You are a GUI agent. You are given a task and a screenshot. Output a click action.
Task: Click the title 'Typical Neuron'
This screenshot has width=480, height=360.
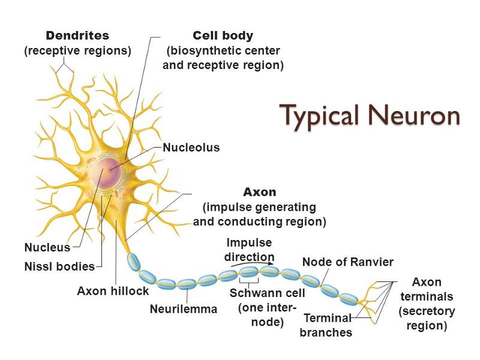(x=370, y=115)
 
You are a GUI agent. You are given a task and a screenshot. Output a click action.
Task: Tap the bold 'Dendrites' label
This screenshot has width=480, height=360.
(x=77, y=36)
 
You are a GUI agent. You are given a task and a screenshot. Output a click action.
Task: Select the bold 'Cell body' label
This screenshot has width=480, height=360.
(x=223, y=36)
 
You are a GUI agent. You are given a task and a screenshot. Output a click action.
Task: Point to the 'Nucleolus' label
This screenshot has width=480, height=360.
(x=191, y=147)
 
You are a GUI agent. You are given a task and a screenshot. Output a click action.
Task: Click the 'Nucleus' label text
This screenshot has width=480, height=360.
(x=47, y=247)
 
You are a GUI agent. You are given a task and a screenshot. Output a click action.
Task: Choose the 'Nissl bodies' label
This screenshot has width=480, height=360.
(x=59, y=266)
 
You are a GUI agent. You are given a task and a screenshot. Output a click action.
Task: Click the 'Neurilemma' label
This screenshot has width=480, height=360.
(x=184, y=310)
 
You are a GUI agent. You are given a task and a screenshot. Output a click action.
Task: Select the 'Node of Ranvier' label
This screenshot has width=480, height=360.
(x=348, y=262)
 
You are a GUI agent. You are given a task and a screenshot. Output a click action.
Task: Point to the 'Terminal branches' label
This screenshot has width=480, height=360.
(x=327, y=325)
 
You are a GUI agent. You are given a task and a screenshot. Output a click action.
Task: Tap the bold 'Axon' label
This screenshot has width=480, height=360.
(x=259, y=193)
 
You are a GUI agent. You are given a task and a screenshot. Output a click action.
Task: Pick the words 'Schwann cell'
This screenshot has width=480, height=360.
(x=268, y=293)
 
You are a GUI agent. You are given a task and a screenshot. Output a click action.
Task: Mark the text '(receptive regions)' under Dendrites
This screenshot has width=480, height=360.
(x=77, y=51)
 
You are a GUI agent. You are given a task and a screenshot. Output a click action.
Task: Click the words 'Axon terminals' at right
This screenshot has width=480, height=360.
(x=427, y=289)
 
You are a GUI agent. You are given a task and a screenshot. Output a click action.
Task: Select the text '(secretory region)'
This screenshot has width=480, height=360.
(x=427, y=319)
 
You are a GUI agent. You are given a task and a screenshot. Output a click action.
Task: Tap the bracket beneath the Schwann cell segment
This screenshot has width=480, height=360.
(x=249, y=280)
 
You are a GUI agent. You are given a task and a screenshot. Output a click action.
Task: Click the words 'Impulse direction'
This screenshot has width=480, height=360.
(x=249, y=250)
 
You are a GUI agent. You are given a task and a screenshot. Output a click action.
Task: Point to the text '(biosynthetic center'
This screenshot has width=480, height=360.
(x=223, y=51)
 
